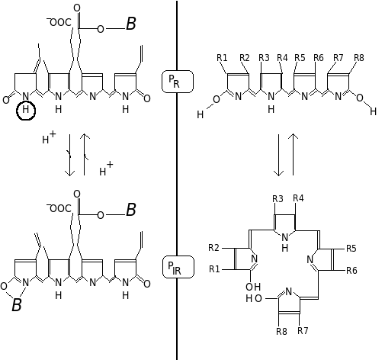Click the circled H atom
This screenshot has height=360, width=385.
(26, 111)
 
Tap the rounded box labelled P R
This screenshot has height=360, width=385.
(178, 82)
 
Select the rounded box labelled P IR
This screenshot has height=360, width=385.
(178, 267)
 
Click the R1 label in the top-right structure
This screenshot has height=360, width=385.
(222, 58)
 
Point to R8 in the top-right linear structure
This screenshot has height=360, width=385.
(359, 58)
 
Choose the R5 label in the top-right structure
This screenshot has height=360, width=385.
(300, 58)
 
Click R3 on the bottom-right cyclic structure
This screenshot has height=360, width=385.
(278, 199)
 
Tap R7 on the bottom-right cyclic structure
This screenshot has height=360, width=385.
(303, 331)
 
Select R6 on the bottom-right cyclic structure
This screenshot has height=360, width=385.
(351, 271)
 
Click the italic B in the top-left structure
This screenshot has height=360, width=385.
(131, 24)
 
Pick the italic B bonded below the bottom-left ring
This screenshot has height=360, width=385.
(17, 304)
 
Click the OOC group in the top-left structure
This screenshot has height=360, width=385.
(59, 22)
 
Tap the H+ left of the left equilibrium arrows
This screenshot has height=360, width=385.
(49, 137)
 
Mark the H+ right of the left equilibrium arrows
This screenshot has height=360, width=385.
(106, 169)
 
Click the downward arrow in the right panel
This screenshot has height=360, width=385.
(279, 155)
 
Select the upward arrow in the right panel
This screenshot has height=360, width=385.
(294, 154)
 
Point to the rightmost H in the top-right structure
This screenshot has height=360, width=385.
(373, 111)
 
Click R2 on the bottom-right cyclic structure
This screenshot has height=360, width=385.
(213, 248)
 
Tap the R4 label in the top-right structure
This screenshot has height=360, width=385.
(282, 58)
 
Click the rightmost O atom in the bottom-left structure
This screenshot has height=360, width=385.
(147, 284)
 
